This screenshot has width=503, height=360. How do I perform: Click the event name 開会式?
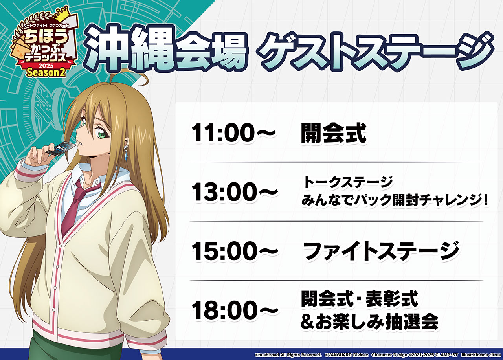pyautogui.click(x=333, y=134)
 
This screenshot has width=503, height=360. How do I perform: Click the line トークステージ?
pyautogui.click(x=347, y=182)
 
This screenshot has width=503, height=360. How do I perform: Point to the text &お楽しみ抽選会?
pyautogui.click(x=369, y=322)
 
